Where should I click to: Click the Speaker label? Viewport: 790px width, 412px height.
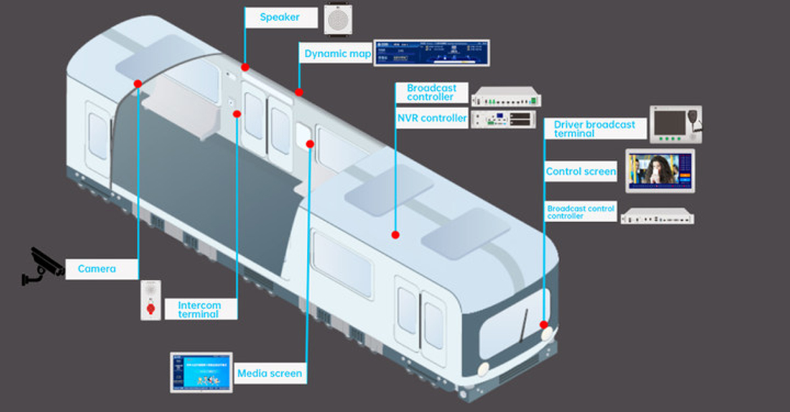279,18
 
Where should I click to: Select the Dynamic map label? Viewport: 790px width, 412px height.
338,54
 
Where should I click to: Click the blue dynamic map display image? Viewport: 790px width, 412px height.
432,53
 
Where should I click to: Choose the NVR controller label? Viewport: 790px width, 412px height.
432,119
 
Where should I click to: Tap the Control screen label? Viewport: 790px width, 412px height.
581,172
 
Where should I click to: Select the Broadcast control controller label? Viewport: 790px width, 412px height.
581,212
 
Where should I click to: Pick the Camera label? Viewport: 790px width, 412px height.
97,269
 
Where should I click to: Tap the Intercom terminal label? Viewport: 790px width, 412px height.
199,309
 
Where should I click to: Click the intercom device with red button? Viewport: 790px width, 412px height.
150,301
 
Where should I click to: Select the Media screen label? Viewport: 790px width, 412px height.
269,373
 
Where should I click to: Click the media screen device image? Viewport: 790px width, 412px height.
201,372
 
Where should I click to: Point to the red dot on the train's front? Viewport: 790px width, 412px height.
544,324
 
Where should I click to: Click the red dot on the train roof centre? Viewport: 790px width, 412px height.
396,235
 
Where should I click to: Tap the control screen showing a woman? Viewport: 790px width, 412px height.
660,171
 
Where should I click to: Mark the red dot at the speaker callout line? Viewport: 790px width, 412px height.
245,67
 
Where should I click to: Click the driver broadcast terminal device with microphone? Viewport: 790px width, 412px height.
676,124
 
